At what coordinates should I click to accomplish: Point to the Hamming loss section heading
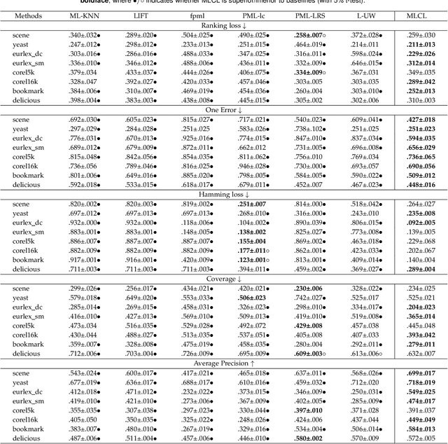224,193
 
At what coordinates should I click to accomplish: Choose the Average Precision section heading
224,362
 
